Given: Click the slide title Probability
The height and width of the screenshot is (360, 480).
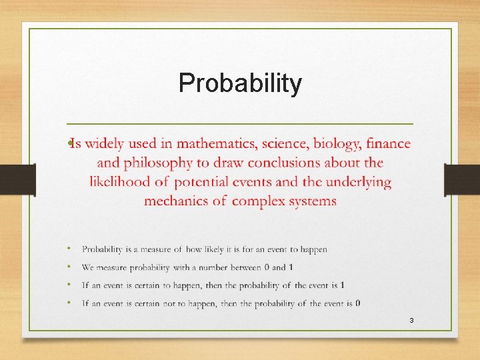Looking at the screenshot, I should [x=240, y=83].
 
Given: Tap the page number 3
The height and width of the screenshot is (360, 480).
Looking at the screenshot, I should [x=411, y=321].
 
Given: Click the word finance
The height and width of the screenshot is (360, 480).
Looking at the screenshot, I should [x=389, y=143].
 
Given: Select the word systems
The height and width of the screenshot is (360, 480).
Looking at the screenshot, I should [x=312, y=201].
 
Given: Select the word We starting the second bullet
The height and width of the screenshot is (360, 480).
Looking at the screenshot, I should [x=87, y=267].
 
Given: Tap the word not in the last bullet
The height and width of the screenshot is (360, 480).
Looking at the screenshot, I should [x=171, y=303].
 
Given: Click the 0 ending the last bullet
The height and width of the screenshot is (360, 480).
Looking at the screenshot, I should [x=358, y=303].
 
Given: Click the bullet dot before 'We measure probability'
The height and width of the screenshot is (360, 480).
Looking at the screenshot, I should [x=69, y=267].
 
